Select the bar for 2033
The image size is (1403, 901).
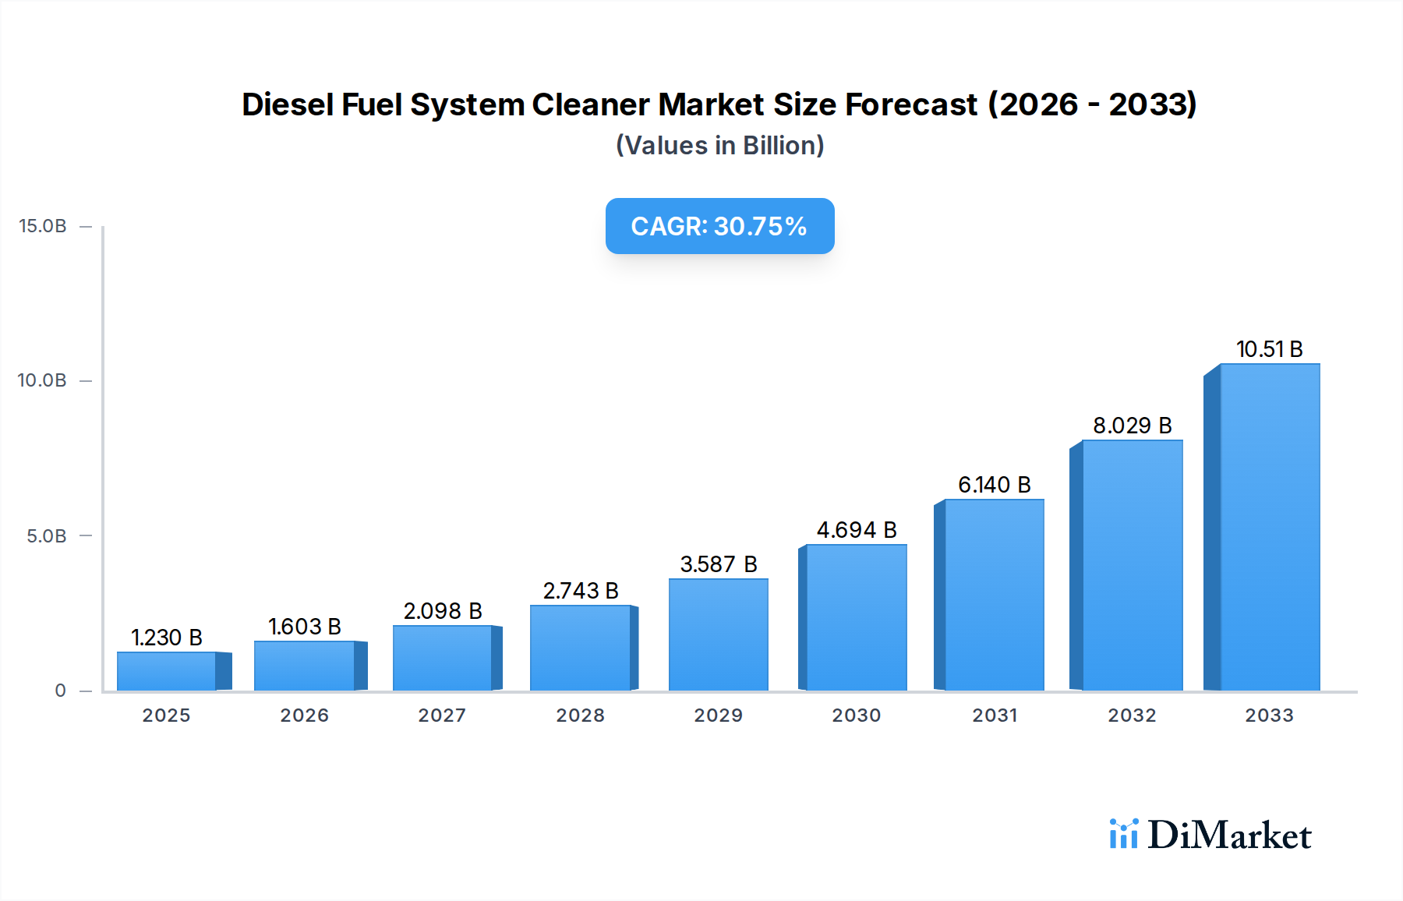[x=1269, y=528]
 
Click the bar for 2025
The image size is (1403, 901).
[x=167, y=671]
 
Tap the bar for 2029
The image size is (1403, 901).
[x=719, y=634]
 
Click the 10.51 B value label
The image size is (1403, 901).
[x=1269, y=349]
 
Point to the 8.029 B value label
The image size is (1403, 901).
[x=1132, y=426]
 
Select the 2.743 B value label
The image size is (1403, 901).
[x=581, y=591]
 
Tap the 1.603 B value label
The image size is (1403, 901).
[x=305, y=627]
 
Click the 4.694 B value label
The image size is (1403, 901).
[x=857, y=530]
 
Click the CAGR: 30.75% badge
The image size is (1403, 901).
[x=719, y=226]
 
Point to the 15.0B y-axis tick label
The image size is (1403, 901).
[x=43, y=226]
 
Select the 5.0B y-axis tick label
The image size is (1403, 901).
[x=47, y=536]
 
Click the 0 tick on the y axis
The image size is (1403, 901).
[x=61, y=691]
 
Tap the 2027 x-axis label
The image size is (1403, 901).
[x=442, y=715]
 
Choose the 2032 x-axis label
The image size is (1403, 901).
[x=1132, y=715]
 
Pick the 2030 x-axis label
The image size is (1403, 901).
[x=857, y=715]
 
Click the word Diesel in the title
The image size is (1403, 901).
[x=288, y=104]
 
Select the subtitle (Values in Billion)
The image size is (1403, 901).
[x=719, y=146]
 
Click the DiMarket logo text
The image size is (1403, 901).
[x=1229, y=836]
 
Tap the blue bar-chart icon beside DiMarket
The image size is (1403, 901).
[x=1123, y=834]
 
